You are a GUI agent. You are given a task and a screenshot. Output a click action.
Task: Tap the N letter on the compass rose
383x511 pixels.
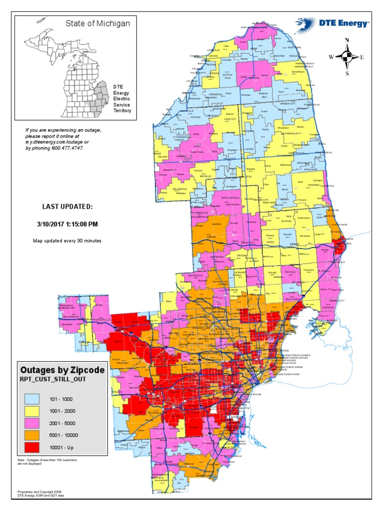[347, 40]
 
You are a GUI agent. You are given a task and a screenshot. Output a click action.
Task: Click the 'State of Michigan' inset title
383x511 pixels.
[98, 23]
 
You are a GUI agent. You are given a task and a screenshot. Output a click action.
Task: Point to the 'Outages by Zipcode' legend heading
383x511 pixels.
[62, 370]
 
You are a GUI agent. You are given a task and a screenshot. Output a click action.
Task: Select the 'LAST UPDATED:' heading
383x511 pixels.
[67, 206]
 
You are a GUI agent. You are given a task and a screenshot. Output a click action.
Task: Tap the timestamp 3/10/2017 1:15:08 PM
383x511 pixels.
[67, 224]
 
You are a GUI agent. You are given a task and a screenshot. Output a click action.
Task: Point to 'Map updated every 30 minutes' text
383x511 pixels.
[67, 241]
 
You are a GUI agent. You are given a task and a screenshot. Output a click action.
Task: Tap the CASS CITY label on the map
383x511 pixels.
[230, 119]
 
